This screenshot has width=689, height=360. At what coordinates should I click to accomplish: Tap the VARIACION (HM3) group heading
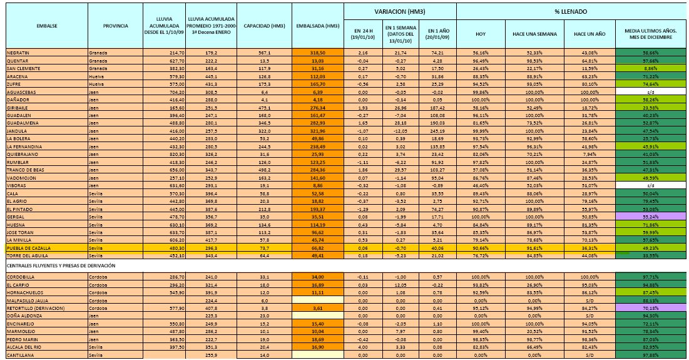click(x=400, y=11)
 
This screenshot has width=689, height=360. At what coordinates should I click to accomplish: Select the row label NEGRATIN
click(x=21, y=53)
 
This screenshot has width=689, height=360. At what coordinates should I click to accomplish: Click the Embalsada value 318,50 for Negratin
click(x=319, y=53)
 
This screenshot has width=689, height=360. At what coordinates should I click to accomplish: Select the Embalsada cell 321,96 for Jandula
click(x=319, y=131)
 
